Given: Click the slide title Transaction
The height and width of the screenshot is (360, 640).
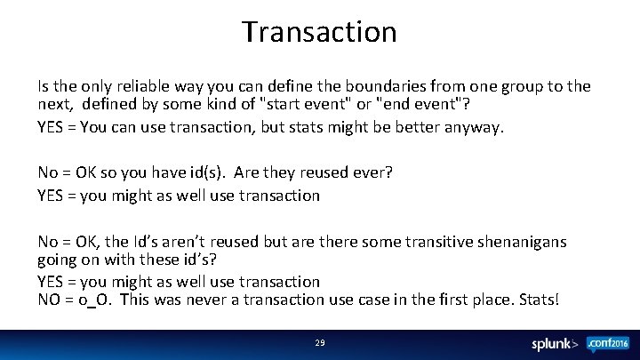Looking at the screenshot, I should pyautogui.click(x=319, y=32).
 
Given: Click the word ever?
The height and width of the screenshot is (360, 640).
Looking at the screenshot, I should pyautogui.click(x=367, y=173).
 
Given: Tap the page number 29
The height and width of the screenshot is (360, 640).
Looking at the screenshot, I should pyautogui.click(x=320, y=343).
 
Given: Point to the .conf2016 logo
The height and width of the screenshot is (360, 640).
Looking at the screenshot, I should pyautogui.click(x=606, y=344).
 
